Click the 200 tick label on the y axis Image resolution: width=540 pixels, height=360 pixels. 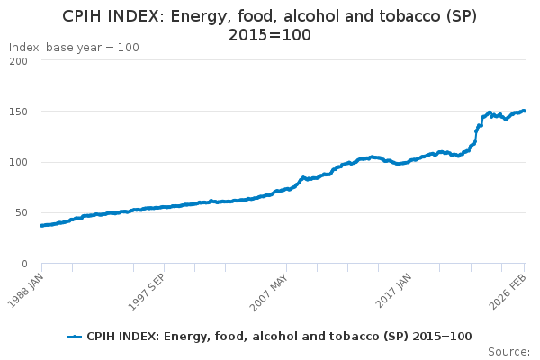pyautogui.click(x=19, y=61)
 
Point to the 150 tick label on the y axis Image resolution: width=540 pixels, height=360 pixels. pyautogui.click(x=19, y=112)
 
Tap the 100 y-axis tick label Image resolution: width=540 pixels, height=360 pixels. pyautogui.click(x=19, y=162)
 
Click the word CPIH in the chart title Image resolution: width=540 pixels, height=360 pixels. pyautogui.click(x=86, y=16)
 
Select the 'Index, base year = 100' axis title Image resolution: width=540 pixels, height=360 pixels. pyautogui.click(x=74, y=47)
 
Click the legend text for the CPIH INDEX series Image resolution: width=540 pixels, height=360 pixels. pyautogui.click(x=279, y=336)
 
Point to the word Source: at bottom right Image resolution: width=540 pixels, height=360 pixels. pyautogui.click(x=508, y=351)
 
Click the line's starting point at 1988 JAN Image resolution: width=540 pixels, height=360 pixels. pyautogui.click(x=41, y=226)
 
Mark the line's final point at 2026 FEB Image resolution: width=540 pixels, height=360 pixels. pyautogui.click(x=525, y=112)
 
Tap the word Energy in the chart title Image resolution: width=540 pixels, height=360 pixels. pyautogui.click(x=204, y=16)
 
